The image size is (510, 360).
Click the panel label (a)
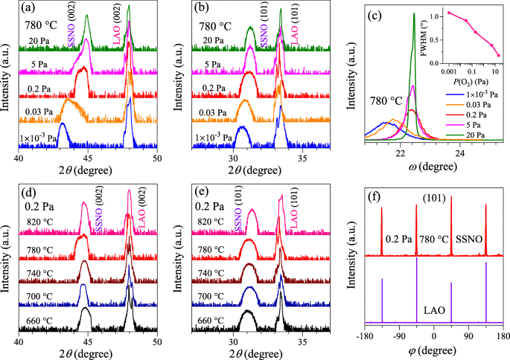click(x=31, y=10)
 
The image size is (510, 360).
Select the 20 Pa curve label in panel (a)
click(x=32, y=40)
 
